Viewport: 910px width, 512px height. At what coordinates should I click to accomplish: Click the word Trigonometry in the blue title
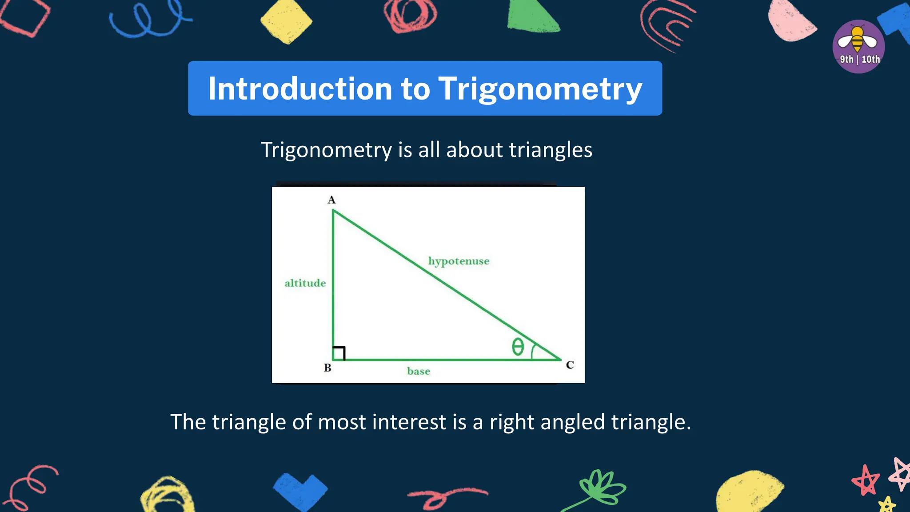click(x=540, y=89)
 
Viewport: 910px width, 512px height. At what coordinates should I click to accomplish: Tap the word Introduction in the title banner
click(x=300, y=88)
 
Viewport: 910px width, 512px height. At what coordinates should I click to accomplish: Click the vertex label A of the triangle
click(x=331, y=200)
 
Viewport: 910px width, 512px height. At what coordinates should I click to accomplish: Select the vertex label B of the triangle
click(x=327, y=368)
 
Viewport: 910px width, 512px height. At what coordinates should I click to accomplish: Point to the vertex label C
click(x=570, y=365)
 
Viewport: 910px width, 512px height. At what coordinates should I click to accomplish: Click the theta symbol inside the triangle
click(x=518, y=347)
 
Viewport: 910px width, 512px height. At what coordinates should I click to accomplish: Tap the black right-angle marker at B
click(x=339, y=353)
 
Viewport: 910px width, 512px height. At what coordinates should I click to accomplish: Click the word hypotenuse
click(x=459, y=261)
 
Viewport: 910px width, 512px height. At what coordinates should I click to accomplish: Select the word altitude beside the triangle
click(x=305, y=283)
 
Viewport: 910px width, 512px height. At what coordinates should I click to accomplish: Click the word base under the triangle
click(x=419, y=371)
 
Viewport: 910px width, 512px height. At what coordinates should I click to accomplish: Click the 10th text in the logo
click(x=870, y=60)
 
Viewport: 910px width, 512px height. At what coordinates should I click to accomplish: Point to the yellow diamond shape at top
click(x=286, y=21)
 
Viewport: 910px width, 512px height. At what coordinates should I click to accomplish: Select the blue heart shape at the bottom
click(x=300, y=491)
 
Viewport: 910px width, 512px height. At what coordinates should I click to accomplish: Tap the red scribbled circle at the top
click(x=410, y=16)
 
